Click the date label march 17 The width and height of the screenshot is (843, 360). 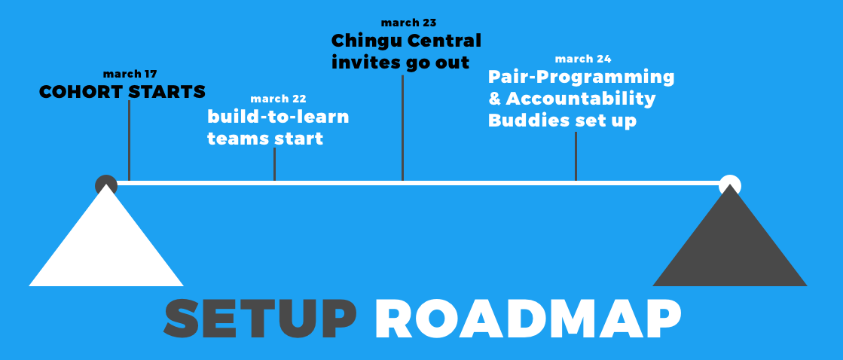(130, 74)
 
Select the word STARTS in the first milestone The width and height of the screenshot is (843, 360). (168, 92)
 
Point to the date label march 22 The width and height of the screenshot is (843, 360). (278, 99)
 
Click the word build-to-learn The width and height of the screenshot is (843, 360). (279, 117)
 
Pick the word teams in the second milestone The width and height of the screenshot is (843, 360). (238, 139)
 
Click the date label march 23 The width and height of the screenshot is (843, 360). (408, 23)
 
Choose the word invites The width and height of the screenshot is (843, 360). (365, 63)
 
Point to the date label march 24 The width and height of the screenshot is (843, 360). (583, 59)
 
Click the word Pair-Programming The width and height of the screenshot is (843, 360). (581, 78)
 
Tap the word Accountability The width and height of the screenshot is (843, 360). (581, 99)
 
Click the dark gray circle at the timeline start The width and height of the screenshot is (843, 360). (106, 184)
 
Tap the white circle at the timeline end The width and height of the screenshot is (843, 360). (729, 184)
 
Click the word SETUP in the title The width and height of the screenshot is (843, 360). (260, 319)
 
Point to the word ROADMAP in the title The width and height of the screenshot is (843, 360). (528, 319)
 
